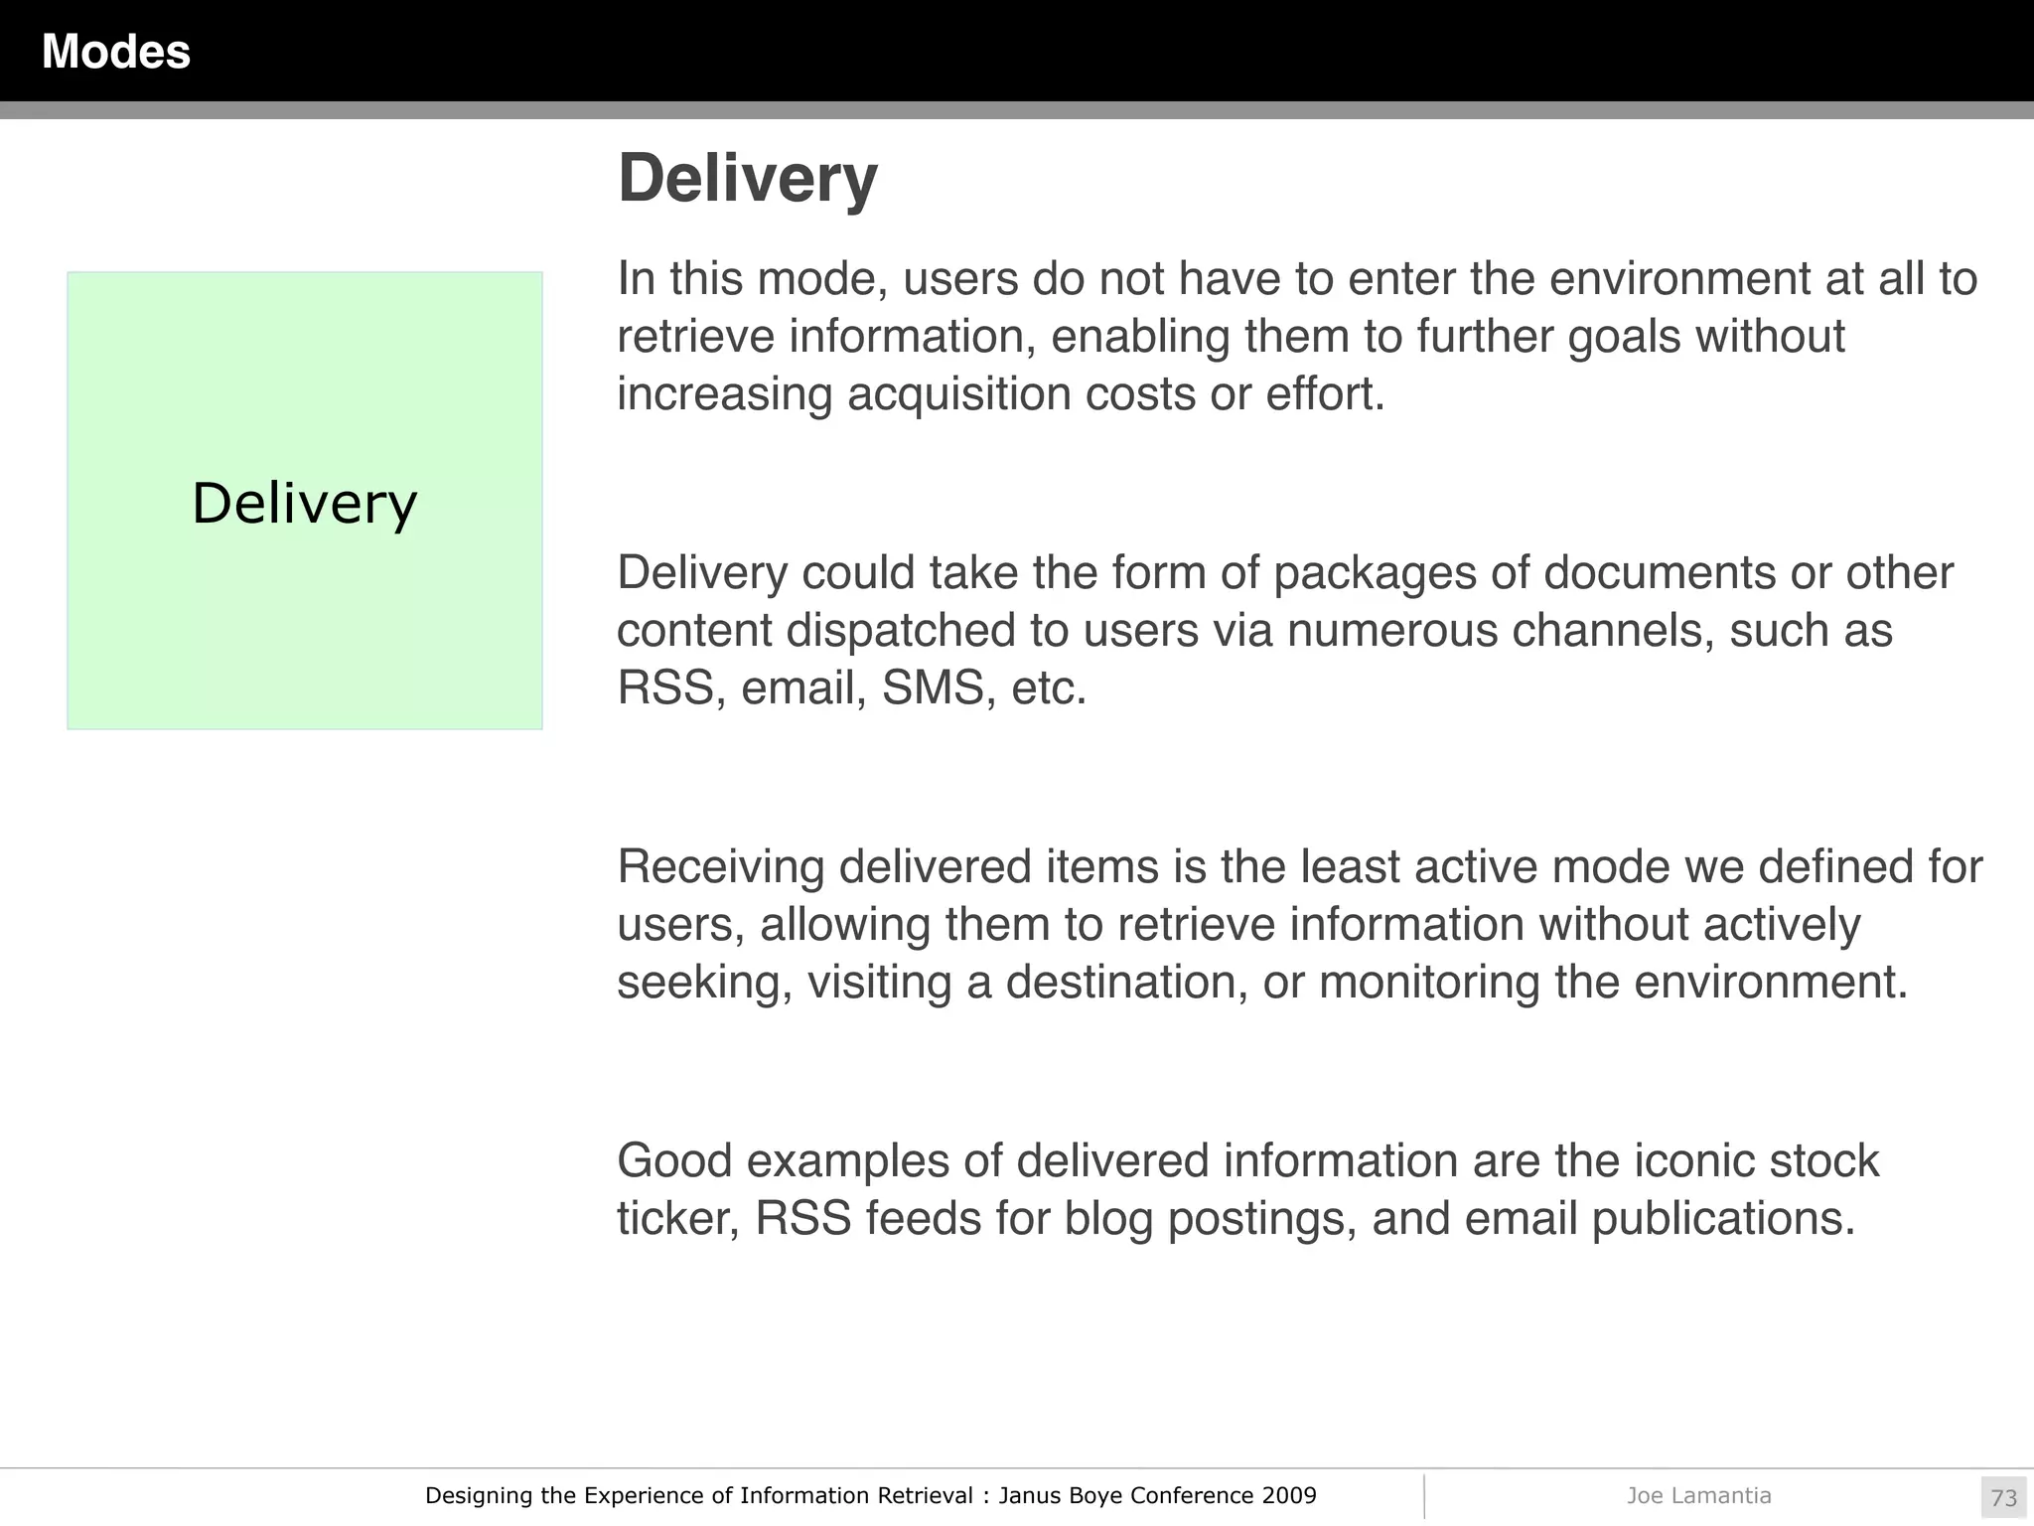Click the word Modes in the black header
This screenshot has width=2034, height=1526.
point(116,52)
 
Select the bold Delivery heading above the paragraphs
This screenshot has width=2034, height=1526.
point(747,179)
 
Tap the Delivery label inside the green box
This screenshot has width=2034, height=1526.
point(304,503)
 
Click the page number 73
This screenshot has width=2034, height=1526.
point(2003,1498)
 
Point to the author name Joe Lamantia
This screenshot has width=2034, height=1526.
point(1698,1496)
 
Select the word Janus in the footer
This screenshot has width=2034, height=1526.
point(1028,1496)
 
